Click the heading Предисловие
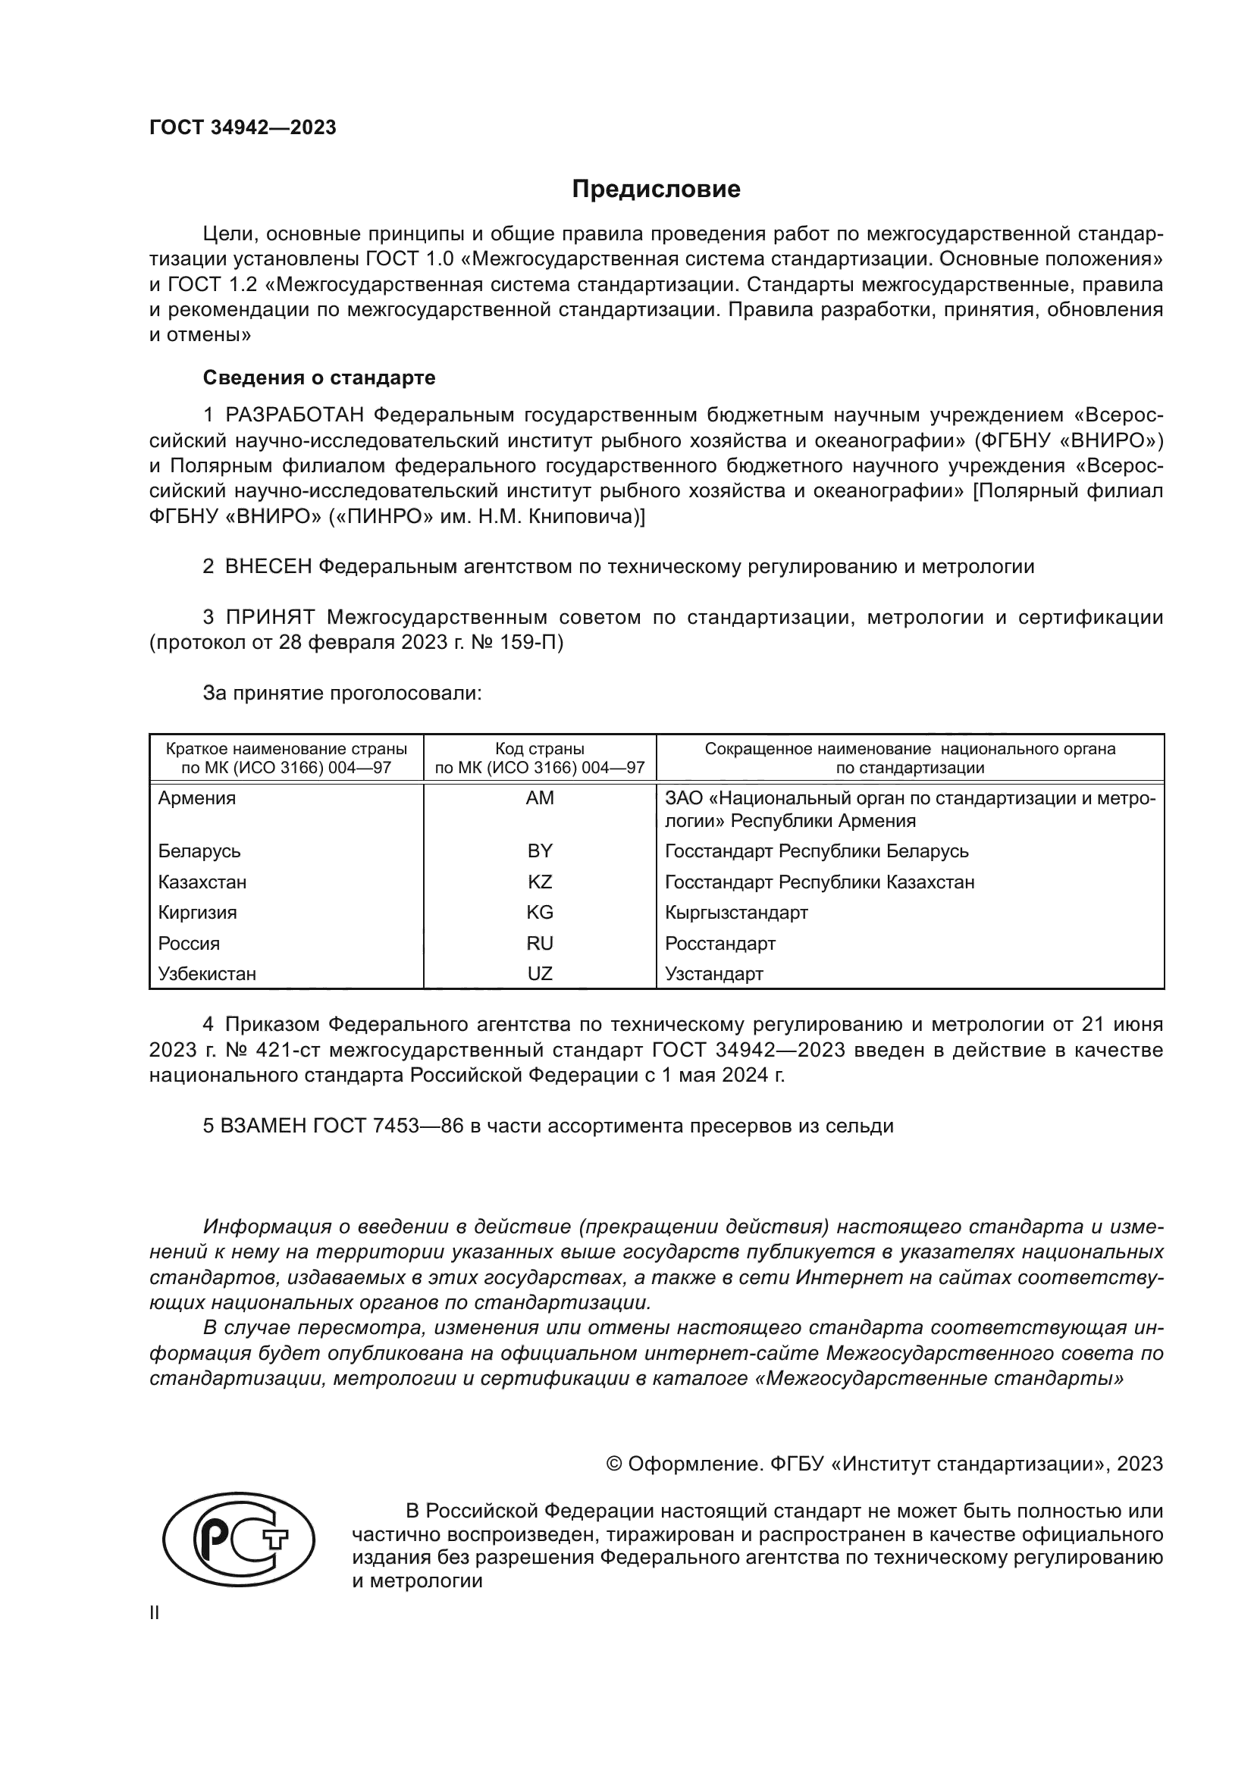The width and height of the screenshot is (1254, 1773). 656,190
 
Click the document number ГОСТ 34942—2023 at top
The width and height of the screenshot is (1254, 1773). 243,128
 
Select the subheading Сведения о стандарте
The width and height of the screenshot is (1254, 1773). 319,377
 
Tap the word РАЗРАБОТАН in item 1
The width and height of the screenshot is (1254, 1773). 294,415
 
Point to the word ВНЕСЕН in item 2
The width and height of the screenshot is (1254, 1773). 268,567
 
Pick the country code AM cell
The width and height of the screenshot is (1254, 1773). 540,798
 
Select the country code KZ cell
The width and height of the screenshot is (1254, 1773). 540,882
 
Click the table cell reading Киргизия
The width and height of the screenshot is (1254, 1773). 197,913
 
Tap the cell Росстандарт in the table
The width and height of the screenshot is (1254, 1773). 719,944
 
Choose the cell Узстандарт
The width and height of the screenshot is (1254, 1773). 713,974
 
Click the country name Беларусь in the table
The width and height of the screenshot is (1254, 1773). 199,851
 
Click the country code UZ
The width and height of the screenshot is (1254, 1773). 540,974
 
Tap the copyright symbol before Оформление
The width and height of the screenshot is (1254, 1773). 615,1464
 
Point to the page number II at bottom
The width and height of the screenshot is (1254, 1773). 155,1613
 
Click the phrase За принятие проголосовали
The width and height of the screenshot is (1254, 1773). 342,694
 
